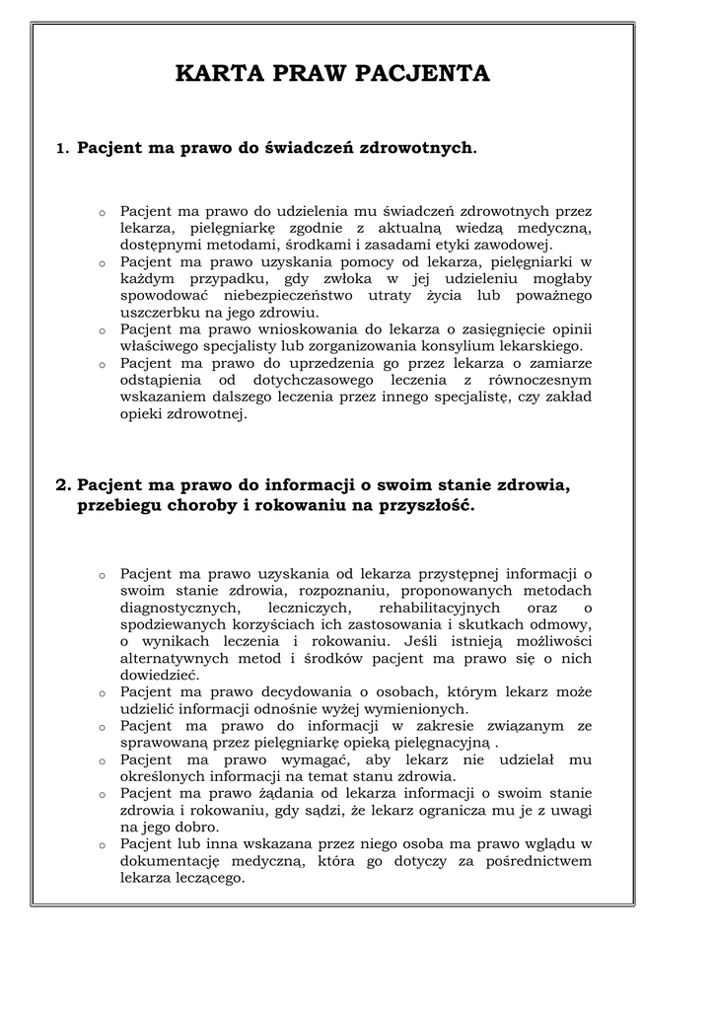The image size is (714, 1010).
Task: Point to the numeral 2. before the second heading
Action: [64, 485]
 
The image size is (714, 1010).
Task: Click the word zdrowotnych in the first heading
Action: [416, 148]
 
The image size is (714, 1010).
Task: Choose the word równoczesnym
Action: [535, 380]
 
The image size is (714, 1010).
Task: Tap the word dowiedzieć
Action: [159, 675]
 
